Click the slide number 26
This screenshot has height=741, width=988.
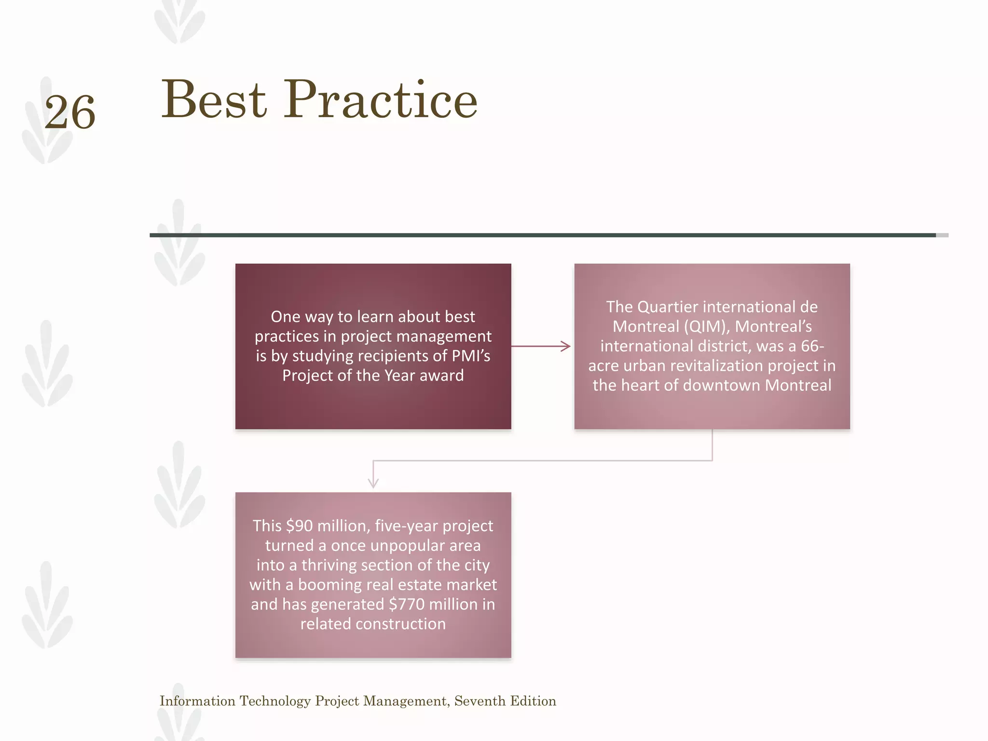tap(70, 112)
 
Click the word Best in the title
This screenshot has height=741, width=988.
tap(214, 100)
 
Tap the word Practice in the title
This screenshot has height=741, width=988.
tap(381, 100)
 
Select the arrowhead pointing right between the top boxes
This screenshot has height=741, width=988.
tap(565, 346)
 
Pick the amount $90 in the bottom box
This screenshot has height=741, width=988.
tap(299, 526)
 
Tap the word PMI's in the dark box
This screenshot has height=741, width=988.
tap(471, 356)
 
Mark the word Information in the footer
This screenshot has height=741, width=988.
tap(197, 701)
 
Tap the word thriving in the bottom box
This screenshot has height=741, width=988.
tap(331, 565)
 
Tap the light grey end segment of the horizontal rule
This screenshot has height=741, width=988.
tap(942, 235)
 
